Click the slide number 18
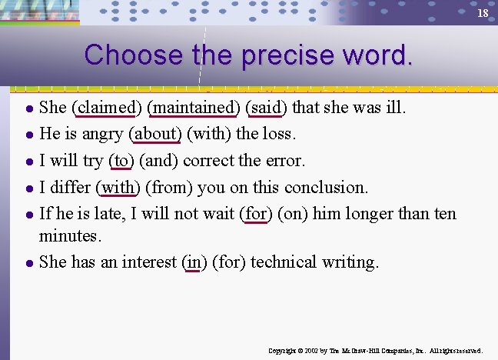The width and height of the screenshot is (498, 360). pyautogui.click(x=483, y=14)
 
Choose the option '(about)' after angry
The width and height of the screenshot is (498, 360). pyautogui.click(x=156, y=134)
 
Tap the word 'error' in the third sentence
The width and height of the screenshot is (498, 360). pyautogui.click(x=284, y=161)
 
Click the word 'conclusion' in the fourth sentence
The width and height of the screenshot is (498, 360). pyautogui.click(x=326, y=187)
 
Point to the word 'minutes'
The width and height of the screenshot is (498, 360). pyautogui.click(x=70, y=235)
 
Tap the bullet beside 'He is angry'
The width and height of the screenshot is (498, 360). pyautogui.click(x=27, y=135)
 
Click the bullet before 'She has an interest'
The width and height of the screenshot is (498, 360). pyautogui.click(x=27, y=263)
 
